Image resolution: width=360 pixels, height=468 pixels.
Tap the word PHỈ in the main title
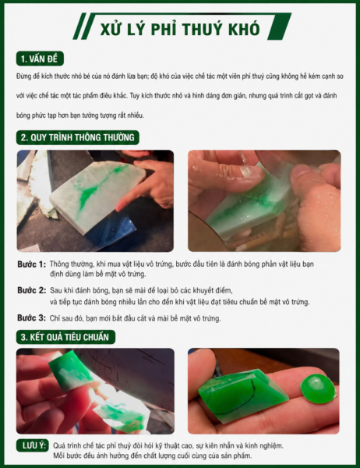click(164, 28)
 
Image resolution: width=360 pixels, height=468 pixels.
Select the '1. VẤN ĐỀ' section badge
click(40, 58)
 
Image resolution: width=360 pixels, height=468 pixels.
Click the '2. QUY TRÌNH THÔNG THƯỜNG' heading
click(78, 137)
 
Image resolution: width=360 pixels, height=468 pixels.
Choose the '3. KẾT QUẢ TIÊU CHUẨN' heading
click(65, 337)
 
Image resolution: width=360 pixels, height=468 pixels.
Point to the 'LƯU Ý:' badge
click(32, 445)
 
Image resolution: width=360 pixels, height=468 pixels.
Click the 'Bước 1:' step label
click(32, 264)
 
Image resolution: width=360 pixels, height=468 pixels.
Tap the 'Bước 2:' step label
click(32, 290)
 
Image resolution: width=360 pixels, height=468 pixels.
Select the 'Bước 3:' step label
click(32, 318)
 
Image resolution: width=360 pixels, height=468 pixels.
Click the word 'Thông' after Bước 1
click(60, 264)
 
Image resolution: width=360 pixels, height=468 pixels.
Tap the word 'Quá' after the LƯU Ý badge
click(59, 446)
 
